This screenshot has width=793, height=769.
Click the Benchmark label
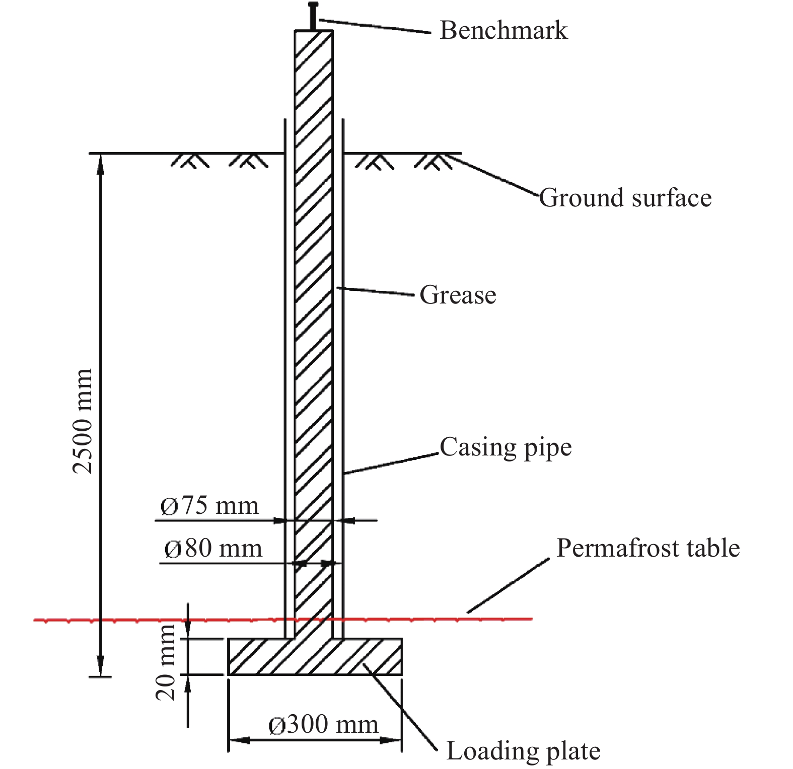point(503,30)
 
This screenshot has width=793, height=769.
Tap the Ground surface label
point(625,198)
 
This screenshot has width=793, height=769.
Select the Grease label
point(458,295)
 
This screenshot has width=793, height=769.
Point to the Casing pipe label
point(506,447)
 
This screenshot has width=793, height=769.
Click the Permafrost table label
point(648,548)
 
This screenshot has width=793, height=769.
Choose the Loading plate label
point(523,751)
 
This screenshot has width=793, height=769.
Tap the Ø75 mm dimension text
point(209,506)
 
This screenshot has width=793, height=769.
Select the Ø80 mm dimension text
point(213,549)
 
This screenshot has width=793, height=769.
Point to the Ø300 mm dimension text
point(323,725)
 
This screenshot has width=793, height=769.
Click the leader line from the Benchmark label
point(375,26)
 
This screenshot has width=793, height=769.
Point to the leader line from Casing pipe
point(392,464)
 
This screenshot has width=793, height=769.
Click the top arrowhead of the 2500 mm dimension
point(101,164)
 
